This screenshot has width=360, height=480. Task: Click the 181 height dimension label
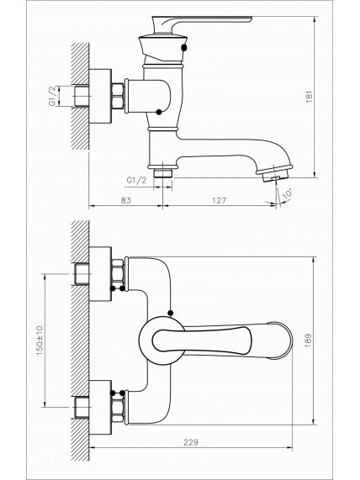point(310,97)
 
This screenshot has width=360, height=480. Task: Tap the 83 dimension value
point(125,200)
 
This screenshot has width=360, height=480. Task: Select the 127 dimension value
point(220,200)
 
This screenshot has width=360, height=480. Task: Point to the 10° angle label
point(287,195)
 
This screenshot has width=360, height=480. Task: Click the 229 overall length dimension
point(191,442)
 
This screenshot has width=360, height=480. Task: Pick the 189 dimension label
point(308,340)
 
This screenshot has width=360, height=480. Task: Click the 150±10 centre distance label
point(40,340)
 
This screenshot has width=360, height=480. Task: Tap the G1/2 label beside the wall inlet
point(53,96)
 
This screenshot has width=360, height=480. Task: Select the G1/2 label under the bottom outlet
point(136,180)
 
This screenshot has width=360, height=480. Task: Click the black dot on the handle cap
point(184,47)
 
